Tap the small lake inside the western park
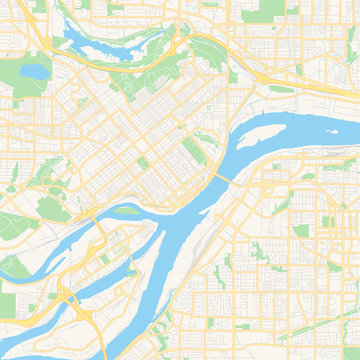click(x=34, y=72)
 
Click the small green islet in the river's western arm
click(x=124, y=211)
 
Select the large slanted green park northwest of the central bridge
click(x=191, y=150)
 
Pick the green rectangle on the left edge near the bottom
click(x=8, y=300)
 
